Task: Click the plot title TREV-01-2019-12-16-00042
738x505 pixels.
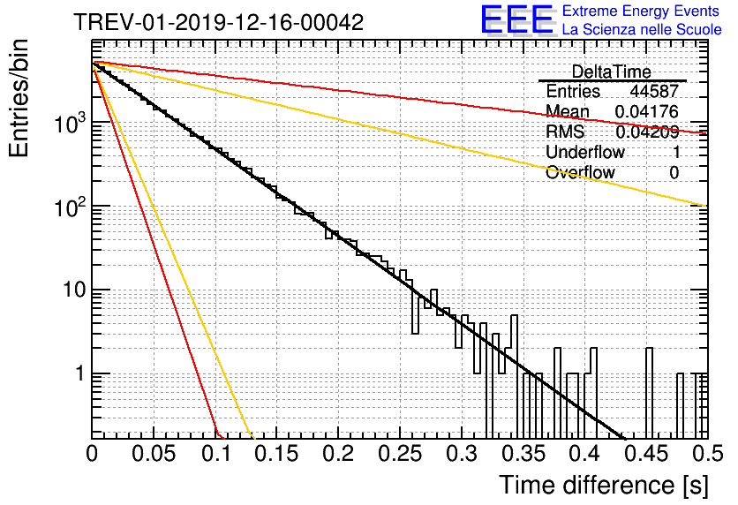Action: (x=218, y=22)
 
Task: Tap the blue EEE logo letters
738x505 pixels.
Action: (x=517, y=19)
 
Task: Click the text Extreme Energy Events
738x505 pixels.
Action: (x=641, y=11)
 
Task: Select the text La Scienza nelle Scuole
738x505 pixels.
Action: (x=642, y=29)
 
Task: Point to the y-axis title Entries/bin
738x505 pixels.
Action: (x=19, y=98)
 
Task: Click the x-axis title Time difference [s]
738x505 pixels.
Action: (x=604, y=485)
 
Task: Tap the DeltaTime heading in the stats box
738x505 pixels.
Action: (x=612, y=72)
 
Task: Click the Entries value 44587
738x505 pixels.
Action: (x=654, y=91)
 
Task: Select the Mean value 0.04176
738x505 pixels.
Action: (x=647, y=111)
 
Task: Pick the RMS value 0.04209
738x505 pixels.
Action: (x=647, y=132)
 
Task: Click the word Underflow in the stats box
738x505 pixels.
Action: (x=585, y=152)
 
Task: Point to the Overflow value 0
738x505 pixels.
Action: (x=674, y=173)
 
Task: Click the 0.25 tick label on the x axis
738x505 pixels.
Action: (x=400, y=454)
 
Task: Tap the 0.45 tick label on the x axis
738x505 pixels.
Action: (x=647, y=454)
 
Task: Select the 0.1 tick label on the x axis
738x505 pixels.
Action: (x=216, y=454)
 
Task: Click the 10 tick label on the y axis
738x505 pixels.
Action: (x=74, y=290)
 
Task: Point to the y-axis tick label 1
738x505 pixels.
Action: (x=80, y=373)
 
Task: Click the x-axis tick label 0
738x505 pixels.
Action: (x=92, y=454)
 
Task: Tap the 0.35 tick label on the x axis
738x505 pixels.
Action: (x=523, y=454)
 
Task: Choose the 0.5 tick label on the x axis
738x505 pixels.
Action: (x=707, y=454)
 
